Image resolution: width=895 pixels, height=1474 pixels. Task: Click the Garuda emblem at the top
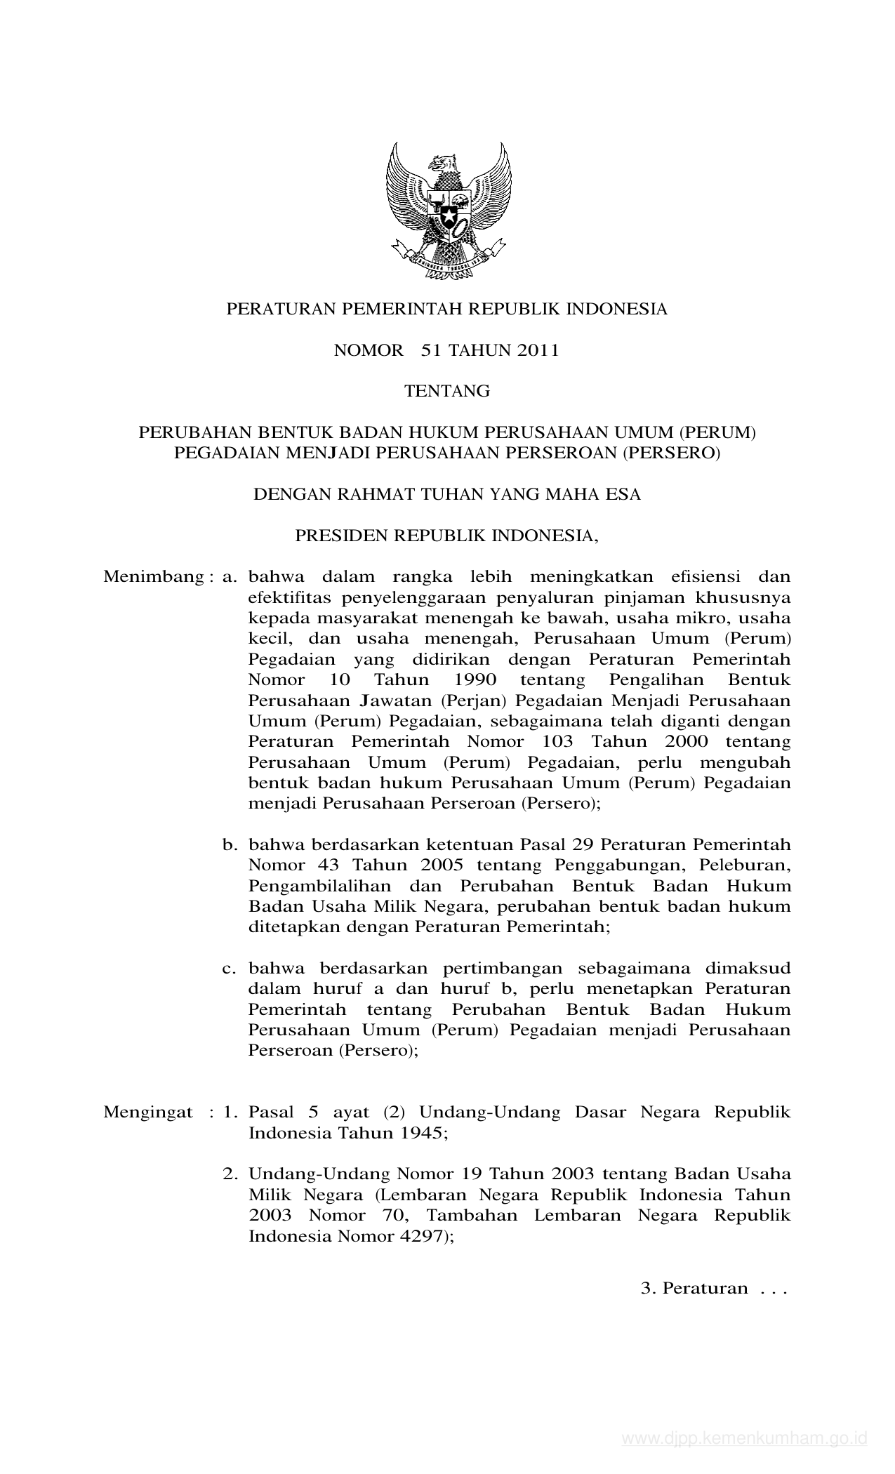click(x=448, y=211)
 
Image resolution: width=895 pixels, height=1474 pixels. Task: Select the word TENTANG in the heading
click(x=447, y=392)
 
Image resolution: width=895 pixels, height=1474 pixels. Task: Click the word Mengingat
click(x=148, y=1113)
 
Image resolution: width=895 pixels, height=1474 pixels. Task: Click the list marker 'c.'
click(x=228, y=969)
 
